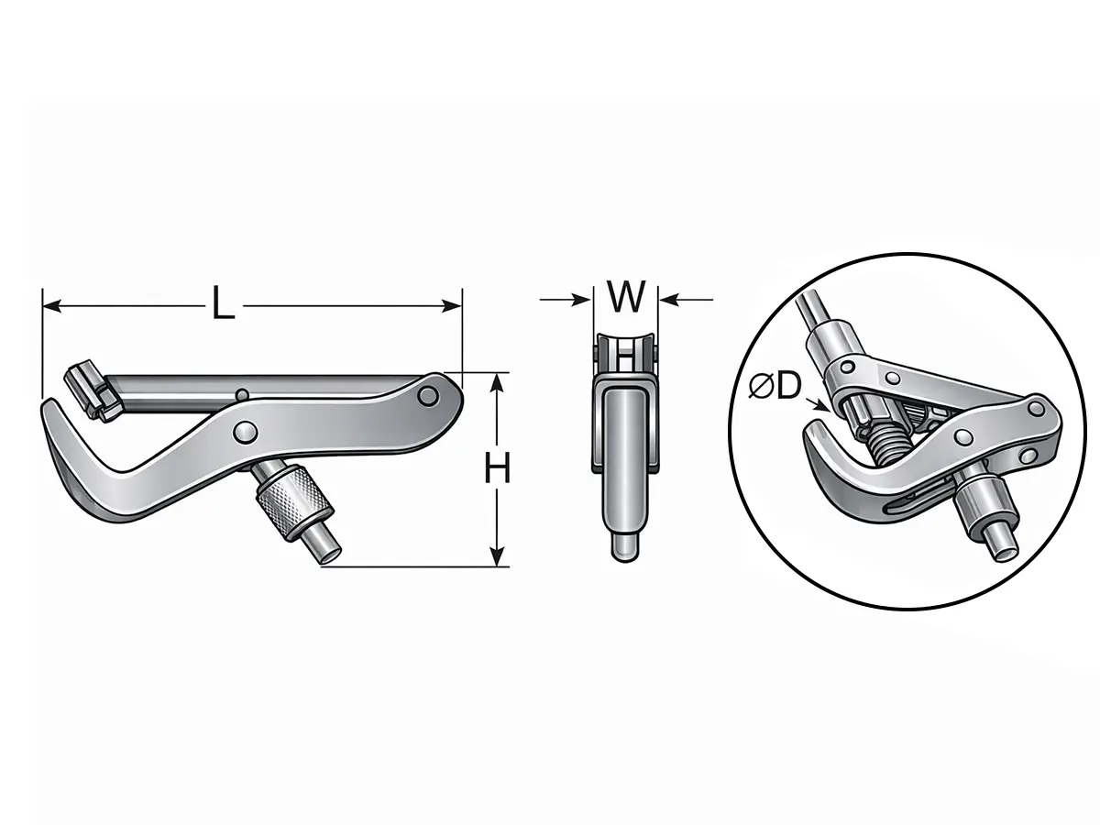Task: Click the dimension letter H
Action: pyautogui.click(x=497, y=467)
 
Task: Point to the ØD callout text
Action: pyautogui.click(x=775, y=386)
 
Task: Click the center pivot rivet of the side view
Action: pyautogui.click(x=246, y=431)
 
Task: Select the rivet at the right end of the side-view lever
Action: pyautogui.click(x=428, y=396)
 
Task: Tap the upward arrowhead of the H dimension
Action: pyautogui.click(x=496, y=382)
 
